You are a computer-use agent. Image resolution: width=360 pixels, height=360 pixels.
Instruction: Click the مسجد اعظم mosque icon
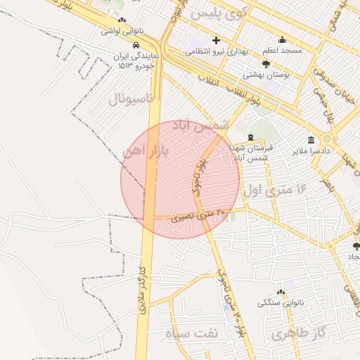(x=282, y=40)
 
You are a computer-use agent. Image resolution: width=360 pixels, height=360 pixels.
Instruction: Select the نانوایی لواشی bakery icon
(x=122, y=20)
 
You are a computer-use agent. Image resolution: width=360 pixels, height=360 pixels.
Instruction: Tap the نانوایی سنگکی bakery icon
(x=281, y=292)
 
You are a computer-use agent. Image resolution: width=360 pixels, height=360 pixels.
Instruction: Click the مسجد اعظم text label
(x=282, y=51)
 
